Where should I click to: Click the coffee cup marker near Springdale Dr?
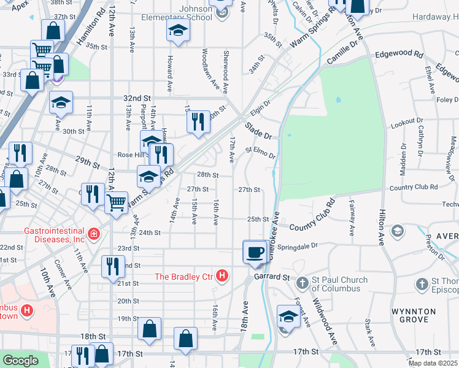[255, 251]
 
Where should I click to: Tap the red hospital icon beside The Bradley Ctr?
[223, 277]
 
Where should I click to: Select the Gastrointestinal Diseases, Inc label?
[54, 235]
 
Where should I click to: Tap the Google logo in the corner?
[20, 361]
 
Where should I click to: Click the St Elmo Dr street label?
[261, 151]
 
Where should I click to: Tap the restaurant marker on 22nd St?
[112, 266]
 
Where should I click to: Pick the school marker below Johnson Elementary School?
[178, 31]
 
